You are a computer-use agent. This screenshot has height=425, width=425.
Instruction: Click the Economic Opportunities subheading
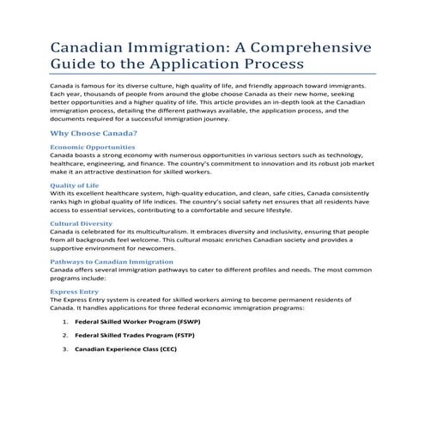(x=92, y=147)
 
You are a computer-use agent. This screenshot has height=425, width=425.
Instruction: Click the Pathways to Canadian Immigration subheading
(x=112, y=260)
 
